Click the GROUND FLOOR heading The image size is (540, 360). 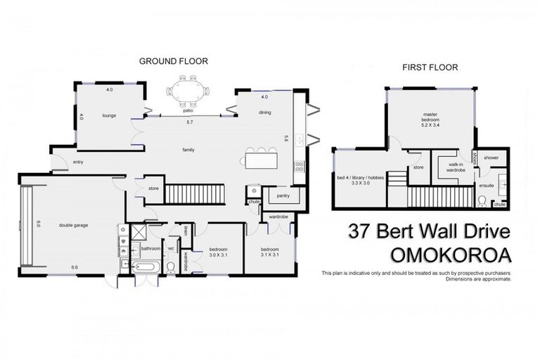coord(173,61)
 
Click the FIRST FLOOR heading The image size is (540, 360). coord(430,67)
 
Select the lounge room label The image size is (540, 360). coord(108,115)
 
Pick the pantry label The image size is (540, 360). coord(284,195)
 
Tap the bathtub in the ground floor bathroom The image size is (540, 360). coord(146,266)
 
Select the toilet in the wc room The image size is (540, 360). coord(171,266)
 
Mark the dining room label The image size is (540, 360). coord(265,112)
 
